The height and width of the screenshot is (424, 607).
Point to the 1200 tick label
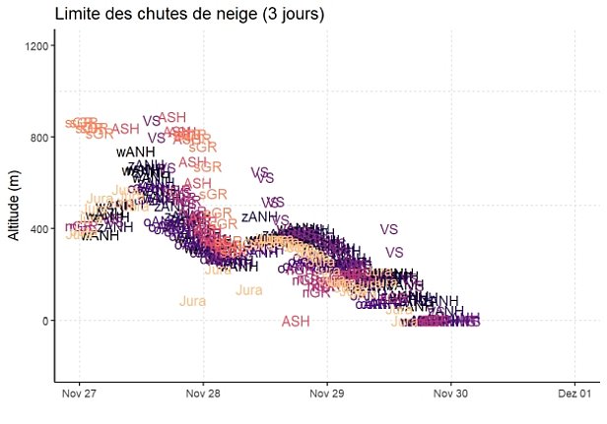pyautogui.click(x=36, y=46)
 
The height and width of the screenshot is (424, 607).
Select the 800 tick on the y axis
pyautogui.click(x=39, y=138)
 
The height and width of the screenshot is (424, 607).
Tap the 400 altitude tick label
pyautogui.click(x=39, y=229)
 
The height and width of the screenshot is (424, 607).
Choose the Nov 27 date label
pyautogui.click(x=79, y=394)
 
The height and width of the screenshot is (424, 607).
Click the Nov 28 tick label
pyautogui.click(x=203, y=394)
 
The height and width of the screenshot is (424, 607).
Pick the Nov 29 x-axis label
pyautogui.click(x=327, y=394)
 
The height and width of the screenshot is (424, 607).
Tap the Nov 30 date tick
pyautogui.click(x=451, y=394)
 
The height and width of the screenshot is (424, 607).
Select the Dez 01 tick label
pyautogui.click(x=574, y=394)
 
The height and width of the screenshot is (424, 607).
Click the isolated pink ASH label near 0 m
pyautogui.click(x=296, y=322)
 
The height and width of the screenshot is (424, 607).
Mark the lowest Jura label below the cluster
pyautogui.click(x=192, y=301)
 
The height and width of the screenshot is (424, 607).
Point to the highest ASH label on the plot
pyautogui.click(x=172, y=117)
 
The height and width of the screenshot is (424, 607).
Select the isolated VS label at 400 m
pyautogui.click(x=388, y=229)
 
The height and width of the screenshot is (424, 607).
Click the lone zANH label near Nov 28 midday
pyautogui.click(x=259, y=216)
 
